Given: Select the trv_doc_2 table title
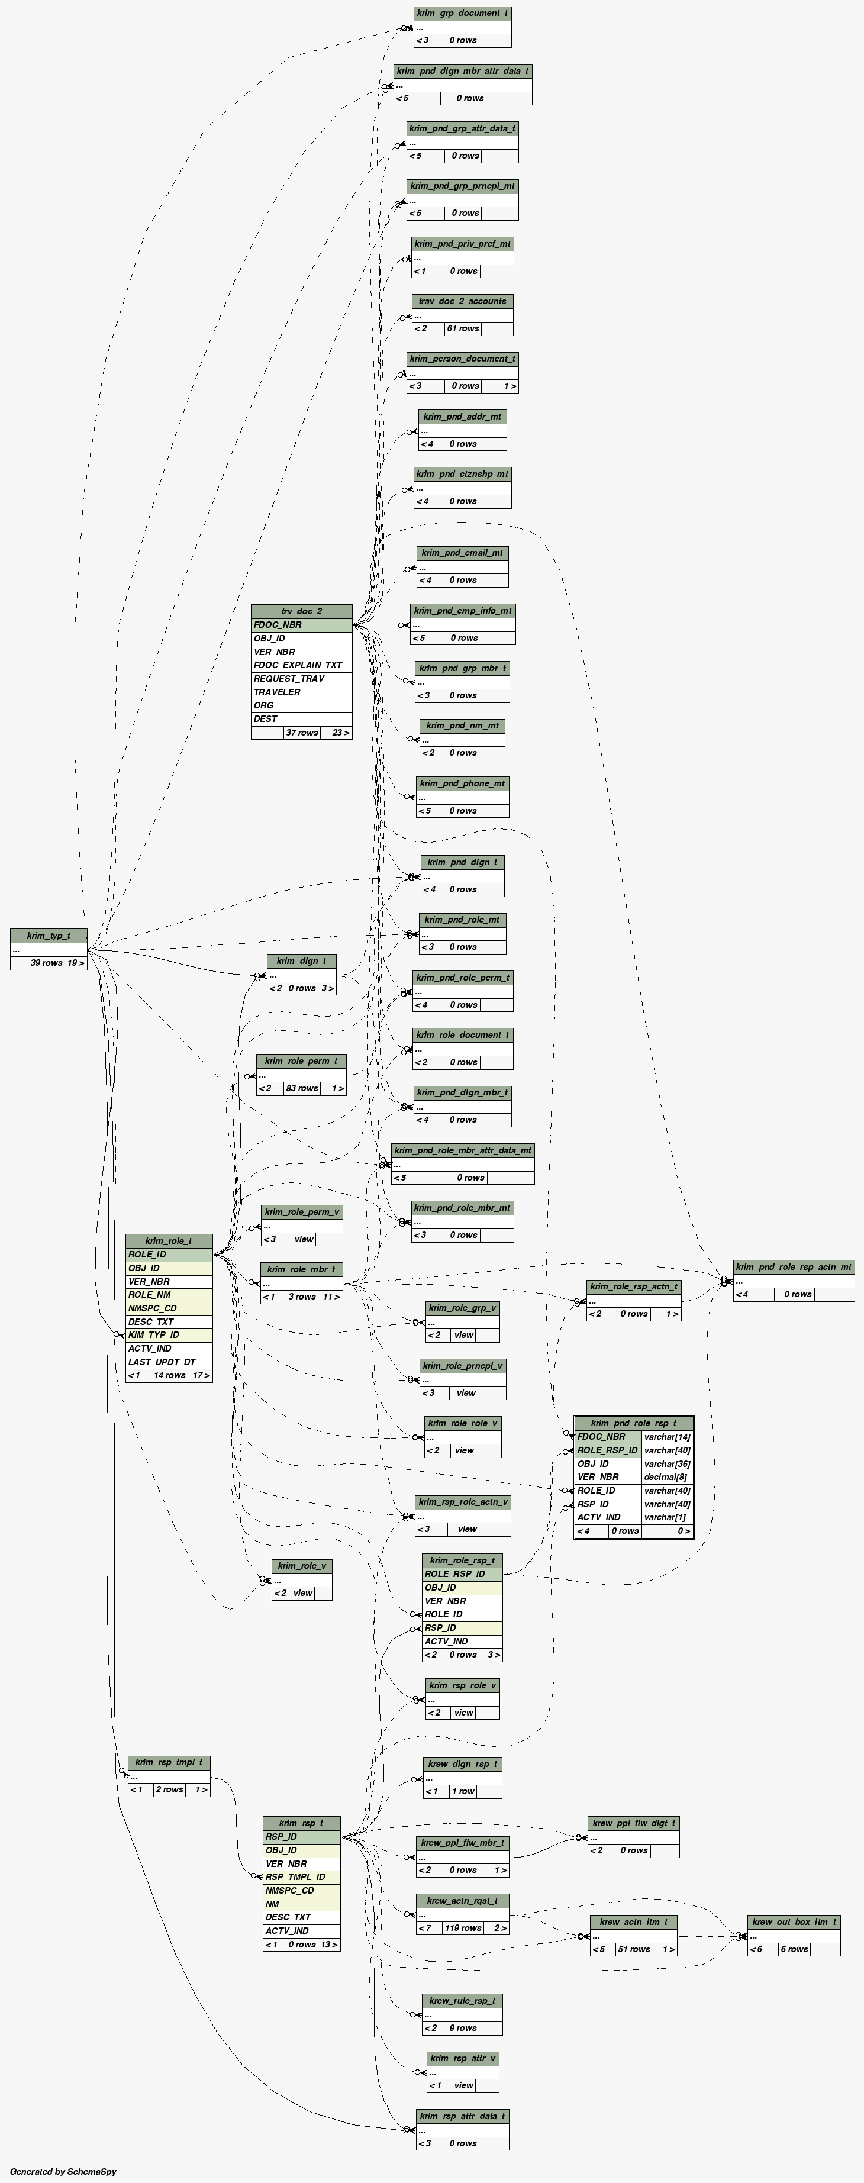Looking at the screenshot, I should point(302,611).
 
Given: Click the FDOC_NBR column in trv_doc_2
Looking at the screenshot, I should point(302,624).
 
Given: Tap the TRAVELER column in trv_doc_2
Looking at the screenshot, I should point(302,692).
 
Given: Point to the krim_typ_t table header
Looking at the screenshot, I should point(49,936).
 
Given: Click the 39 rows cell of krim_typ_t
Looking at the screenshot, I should point(47,963).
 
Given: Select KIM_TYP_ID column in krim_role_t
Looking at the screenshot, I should point(169,1335).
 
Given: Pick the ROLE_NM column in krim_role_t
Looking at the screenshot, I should point(169,1295).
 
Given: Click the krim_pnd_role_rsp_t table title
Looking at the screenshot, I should point(634,1423).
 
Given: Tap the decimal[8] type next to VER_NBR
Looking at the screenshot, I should point(666,1477).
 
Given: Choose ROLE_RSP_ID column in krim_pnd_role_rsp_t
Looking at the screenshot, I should point(607,1450).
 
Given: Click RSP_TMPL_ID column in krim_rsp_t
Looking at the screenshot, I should point(302,1877).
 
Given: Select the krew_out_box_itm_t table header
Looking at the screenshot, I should point(794,1922).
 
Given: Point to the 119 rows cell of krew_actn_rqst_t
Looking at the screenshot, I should point(463,1928).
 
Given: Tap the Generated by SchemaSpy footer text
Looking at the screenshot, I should point(63,2172).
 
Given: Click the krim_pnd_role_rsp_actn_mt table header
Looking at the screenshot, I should point(794,1267).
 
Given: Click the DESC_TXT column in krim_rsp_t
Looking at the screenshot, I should point(302,1917).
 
